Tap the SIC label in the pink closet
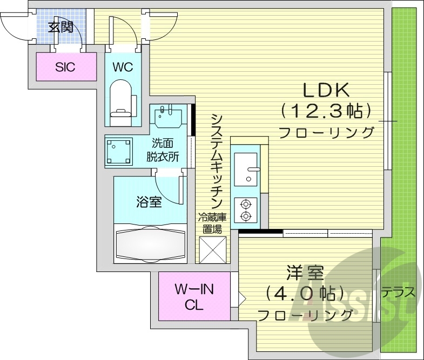[65, 67]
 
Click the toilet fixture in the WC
[121, 99]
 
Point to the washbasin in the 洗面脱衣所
[167, 116]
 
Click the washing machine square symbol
[119, 151]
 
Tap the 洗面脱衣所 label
[163, 151]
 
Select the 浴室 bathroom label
[149, 202]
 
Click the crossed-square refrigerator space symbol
[212, 249]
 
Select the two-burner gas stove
[246, 210]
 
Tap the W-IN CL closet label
[194, 297]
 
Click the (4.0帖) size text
[305, 294]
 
